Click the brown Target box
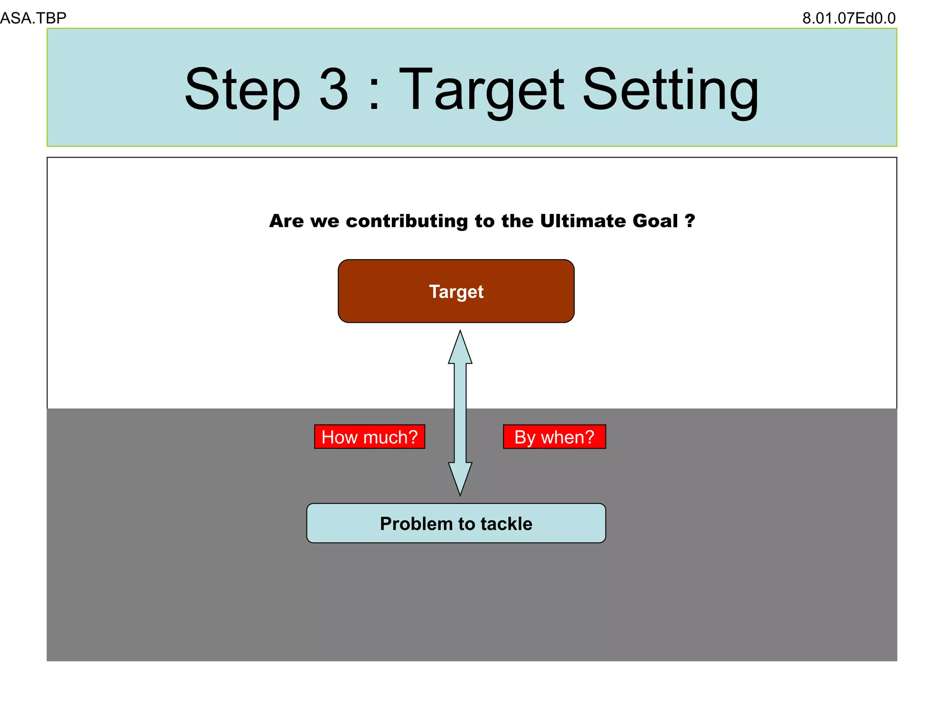click(x=456, y=291)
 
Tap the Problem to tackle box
click(x=456, y=523)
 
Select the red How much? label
click(x=369, y=437)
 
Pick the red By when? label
click(x=554, y=437)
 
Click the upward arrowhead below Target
click(x=460, y=348)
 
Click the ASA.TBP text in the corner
click(x=33, y=18)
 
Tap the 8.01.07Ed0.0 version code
click(x=849, y=18)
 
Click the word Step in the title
click(x=242, y=89)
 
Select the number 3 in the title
click(x=334, y=89)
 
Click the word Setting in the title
click(x=670, y=89)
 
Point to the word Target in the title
click(x=481, y=89)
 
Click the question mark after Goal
click(x=690, y=221)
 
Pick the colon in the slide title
click(x=374, y=94)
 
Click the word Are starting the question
click(x=287, y=221)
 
